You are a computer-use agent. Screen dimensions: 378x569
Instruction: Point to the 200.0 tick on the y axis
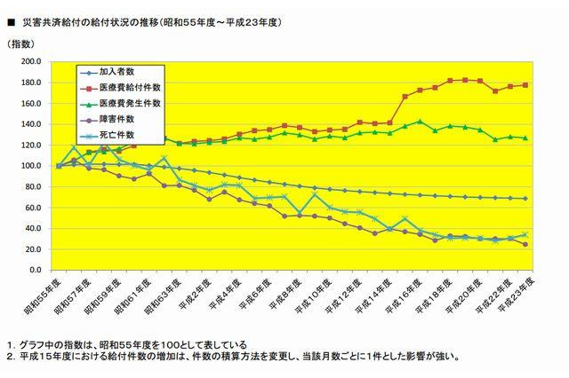(x=29, y=62)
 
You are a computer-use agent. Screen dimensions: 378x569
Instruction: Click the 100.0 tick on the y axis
(x=29, y=166)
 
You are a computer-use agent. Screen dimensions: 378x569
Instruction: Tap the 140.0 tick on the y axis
(x=29, y=124)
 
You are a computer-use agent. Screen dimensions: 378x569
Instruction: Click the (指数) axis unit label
(x=21, y=43)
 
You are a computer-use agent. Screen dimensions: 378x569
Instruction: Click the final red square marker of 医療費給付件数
(x=526, y=85)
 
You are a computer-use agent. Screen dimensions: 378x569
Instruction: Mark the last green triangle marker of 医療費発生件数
(x=526, y=138)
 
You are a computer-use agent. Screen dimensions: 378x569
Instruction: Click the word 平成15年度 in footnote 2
(x=44, y=357)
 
